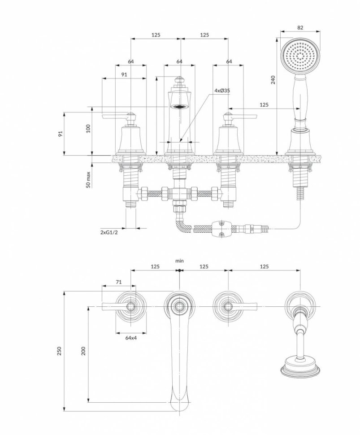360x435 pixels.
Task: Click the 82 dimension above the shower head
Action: click(300, 27)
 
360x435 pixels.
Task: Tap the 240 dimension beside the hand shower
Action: click(273, 79)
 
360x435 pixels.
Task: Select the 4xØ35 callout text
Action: click(222, 91)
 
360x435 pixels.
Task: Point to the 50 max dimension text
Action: click(89, 179)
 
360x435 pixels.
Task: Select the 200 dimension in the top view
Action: click(83, 351)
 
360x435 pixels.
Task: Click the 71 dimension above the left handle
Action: click(119, 282)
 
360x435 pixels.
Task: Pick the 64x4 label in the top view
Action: click(130, 338)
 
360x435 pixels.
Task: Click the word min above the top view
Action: click(179, 261)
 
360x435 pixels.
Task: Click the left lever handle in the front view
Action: click(114, 117)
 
